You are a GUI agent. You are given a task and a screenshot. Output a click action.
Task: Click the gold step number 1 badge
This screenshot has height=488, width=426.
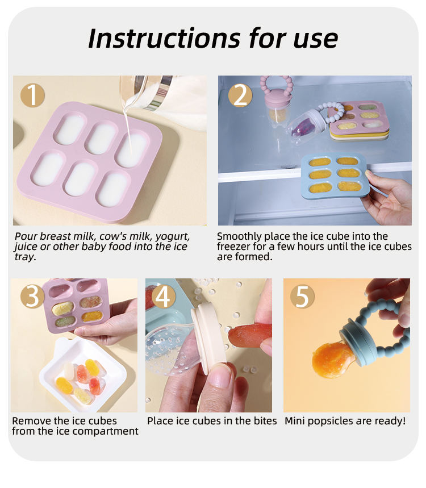point(33,95)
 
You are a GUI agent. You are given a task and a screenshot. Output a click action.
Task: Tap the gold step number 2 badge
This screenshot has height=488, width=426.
point(240,95)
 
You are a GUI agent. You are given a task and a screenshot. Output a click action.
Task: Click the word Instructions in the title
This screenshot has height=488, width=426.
point(164,39)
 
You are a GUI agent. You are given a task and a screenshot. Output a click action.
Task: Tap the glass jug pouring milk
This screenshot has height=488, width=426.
point(146,92)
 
